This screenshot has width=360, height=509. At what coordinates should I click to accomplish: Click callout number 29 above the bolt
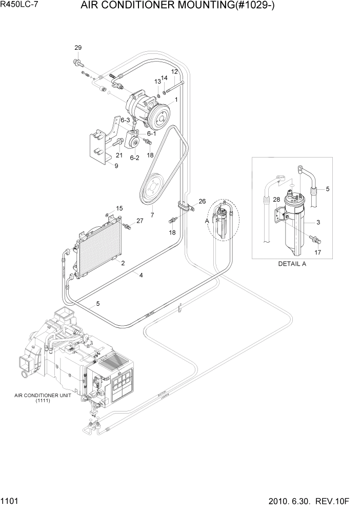point(78,48)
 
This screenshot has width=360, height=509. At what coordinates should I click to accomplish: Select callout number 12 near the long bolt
point(174,71)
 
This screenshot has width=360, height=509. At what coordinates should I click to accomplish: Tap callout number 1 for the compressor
point(176,100)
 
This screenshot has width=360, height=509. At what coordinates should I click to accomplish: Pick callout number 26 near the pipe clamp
point(202,201)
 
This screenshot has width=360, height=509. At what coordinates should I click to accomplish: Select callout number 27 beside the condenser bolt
point(139,221)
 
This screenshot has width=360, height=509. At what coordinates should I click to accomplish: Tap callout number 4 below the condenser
point(141,275)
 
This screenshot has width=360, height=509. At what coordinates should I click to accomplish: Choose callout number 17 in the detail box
point(318,252)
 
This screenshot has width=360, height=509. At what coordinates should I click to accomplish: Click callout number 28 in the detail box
point(276,200)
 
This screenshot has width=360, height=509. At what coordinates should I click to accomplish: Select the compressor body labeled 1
point(149,110)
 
